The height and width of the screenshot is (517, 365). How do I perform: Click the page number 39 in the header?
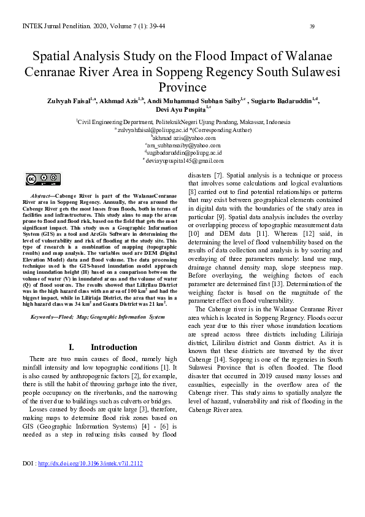click(x=312, y=26)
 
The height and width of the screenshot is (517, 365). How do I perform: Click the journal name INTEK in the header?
click(x=32, y=26)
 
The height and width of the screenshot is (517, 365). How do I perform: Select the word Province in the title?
click(x=182, y=87)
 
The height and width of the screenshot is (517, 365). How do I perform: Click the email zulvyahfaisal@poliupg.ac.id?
click(x=153, y=130)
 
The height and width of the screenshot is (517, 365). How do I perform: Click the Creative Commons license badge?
click(x=42, y=179)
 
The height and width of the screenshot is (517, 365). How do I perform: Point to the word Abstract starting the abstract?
click(x=42, y=194)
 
